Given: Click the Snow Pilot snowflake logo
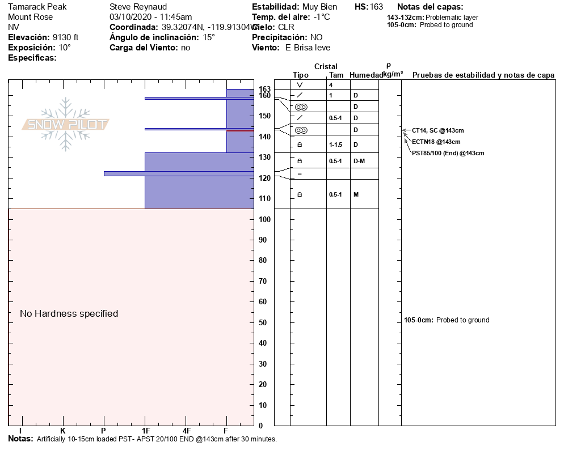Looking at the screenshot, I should coord(66,125).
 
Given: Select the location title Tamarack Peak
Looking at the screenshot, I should coord(37,7).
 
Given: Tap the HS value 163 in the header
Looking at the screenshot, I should coord(376,7).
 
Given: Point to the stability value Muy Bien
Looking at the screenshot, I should coord(320,7).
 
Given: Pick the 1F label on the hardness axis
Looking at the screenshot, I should coord(146,431).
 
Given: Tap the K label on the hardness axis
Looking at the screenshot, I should coord(63,431).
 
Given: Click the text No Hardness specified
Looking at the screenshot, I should coord(69,313).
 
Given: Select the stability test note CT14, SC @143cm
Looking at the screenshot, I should coord(438,130).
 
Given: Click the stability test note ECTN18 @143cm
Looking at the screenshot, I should coord(436,142).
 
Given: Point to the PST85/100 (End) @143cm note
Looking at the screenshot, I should coord(448,153).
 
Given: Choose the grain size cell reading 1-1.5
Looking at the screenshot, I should coord(336,144).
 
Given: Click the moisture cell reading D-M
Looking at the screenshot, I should coord(359,161).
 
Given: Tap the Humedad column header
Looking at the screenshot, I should coord(366,75).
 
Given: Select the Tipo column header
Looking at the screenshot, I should coord(301,75).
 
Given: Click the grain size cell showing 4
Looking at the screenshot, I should coord(330,85).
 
